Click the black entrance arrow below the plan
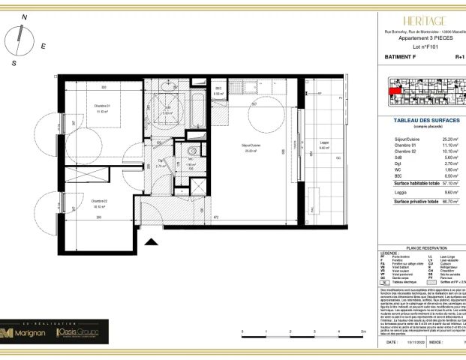click(152, 242)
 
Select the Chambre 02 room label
click(99, 201)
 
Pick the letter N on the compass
click(24, 16)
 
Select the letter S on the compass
click(14, 64)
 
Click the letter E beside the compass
click(44, 46)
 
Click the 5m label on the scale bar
click(362, 331)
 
